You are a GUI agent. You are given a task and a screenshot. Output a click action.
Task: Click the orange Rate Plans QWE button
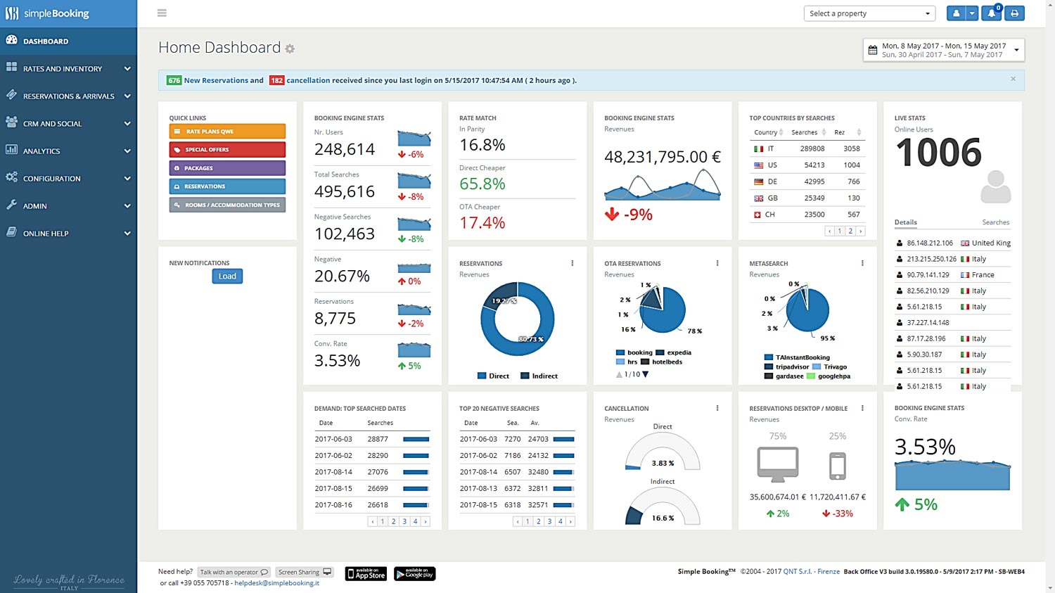[226, 132]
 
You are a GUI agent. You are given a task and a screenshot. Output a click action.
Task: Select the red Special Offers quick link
[226, 150]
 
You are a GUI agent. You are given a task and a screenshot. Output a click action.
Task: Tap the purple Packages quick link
[226, 168]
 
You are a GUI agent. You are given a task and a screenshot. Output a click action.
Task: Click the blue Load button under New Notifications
[227, 276]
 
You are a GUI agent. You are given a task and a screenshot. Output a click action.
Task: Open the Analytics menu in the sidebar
[68, 151]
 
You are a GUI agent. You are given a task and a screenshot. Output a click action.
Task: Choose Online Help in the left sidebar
[68, 234]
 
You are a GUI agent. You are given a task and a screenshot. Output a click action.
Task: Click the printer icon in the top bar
[1014, 13]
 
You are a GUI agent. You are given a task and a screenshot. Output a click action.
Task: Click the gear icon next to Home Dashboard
[290, 49]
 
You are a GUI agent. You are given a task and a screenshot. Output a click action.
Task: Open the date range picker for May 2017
[943, 50]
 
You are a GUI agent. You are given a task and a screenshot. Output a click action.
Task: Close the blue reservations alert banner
[1013, 79]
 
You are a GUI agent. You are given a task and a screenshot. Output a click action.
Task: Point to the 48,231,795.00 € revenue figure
[662, 157]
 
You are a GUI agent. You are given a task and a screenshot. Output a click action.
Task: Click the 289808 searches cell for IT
[812, 148]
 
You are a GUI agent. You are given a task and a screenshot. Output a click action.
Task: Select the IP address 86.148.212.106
[929, 243]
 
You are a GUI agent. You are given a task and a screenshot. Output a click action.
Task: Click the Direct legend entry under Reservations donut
[494, 376]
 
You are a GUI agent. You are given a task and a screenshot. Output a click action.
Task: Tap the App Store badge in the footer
[366, 574]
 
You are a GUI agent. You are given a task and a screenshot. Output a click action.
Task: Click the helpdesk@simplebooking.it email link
[276, 583]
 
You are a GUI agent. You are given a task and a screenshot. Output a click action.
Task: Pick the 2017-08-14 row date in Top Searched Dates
[333, 472]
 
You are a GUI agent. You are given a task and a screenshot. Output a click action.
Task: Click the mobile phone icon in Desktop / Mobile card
[837, 466]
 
